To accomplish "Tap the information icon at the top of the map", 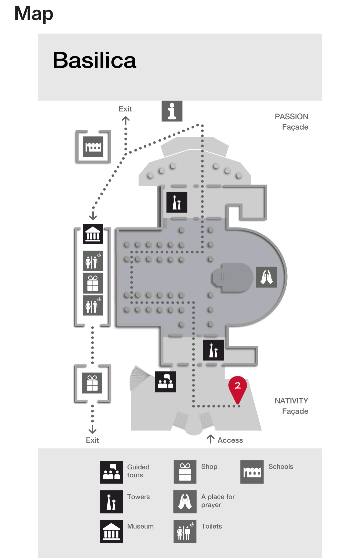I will (x=172, y=111).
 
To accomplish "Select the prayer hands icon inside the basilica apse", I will (x=266, y=277).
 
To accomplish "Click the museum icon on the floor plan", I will (x=93, y=234).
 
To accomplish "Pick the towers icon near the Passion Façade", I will (x=177, y=202).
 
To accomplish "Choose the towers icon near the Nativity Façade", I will (x=213, y=350).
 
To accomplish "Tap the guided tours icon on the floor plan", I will (x=165, y=382).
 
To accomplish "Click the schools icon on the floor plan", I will (x=93, y=147).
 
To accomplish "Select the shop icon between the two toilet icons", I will (x=93, y=283).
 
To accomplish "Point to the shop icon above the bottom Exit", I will (x=92, y=383).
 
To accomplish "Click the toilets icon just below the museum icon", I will (x=93, y=261).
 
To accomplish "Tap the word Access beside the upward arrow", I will (x=230, y=440).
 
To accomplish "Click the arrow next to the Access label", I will (x=210, y=439).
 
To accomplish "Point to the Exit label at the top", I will (x=125, y=109).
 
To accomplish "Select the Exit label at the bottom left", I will (x=92, y=440).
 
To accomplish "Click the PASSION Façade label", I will (x=291, y=122).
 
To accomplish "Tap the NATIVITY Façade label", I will (x=291, y=406).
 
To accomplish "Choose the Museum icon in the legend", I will (x=111, y=531).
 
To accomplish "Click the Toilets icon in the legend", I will (x=185, y=531).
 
